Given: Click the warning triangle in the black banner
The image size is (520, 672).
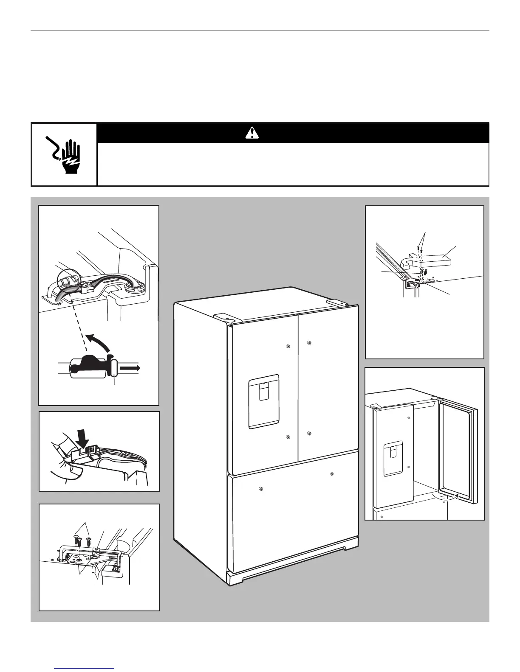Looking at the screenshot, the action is [252, 133].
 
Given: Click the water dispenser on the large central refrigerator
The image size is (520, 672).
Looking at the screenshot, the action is [263, 401].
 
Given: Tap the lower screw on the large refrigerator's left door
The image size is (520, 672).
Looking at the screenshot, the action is [288, 437].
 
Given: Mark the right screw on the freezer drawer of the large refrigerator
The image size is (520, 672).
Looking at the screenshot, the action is [331, 473].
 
